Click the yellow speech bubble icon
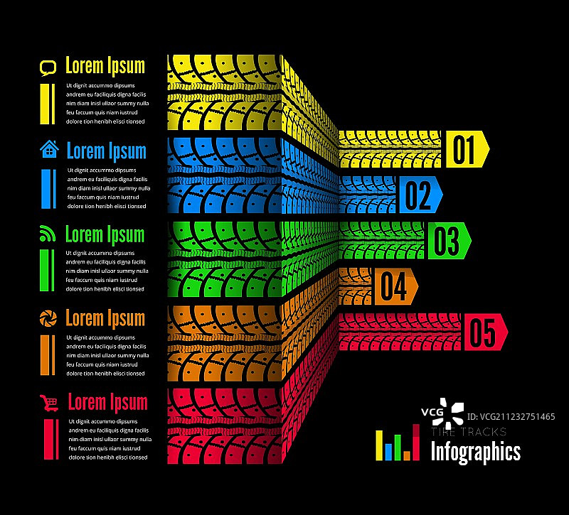(48, 68)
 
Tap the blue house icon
(49, 149)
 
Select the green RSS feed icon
(47, 234)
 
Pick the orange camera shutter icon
(48, 318)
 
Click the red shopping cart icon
(49, 403)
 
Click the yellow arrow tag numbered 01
(467, 149)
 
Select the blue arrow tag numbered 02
(421, 195)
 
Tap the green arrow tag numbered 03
(450, 241)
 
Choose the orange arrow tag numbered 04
(396, 286)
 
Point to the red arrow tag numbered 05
(486, 332)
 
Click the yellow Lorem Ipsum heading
(105, 66)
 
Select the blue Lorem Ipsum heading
(107, 151)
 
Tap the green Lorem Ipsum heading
(105, 235)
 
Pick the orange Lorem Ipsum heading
(105, 319)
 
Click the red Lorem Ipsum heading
(108, 403)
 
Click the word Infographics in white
(476, 452)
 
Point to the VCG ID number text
(511, 417)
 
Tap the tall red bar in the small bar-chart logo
(416, 442)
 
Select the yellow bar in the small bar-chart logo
(379, 445)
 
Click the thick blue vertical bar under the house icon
(46, 189)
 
